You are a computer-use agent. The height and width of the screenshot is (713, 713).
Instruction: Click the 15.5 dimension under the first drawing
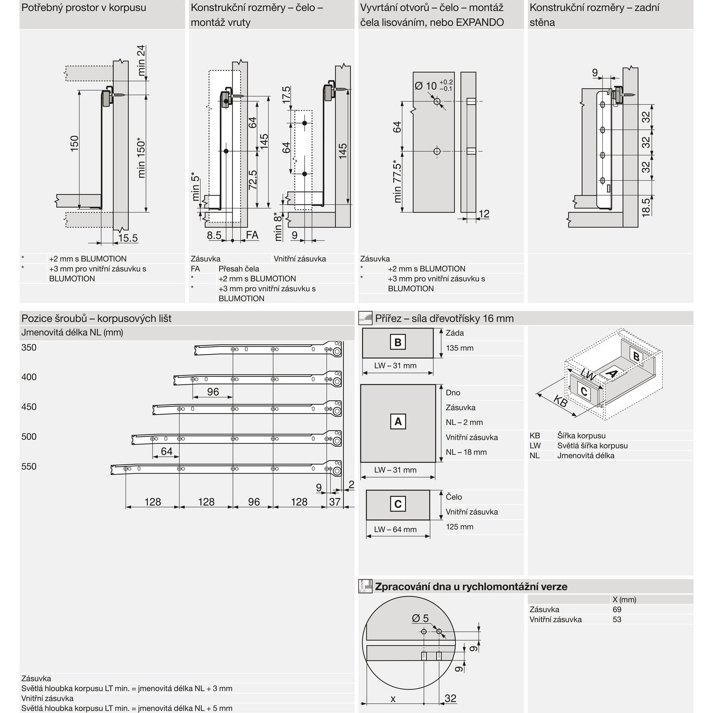[127, 238]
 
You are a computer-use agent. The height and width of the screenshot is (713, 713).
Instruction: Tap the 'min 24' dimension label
[141, 60]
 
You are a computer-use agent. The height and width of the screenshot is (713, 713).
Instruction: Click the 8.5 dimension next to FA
[214, 235]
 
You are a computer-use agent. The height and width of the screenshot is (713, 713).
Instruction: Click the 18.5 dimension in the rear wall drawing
[646, 207]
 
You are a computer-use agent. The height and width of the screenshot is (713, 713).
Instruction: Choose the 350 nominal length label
[29, 347]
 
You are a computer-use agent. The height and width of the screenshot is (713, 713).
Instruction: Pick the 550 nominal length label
[29, 466]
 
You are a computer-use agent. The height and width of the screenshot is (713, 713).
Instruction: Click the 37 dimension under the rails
[335, 501]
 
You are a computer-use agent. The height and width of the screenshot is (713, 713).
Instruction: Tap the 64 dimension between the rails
[166, 451]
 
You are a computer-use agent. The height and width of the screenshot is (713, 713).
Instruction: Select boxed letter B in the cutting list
[398, 342]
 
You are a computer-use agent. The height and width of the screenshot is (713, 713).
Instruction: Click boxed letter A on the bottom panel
[398, 421]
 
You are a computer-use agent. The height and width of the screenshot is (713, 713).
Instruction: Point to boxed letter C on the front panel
[398, 504]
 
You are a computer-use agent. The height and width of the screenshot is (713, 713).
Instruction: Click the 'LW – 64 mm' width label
[395, 529]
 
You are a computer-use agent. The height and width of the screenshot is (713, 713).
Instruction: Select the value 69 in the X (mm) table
[617, 609]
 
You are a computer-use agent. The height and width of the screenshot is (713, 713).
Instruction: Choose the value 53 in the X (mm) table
[617, 619]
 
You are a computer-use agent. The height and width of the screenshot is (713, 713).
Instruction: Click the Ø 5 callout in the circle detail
[420, 618]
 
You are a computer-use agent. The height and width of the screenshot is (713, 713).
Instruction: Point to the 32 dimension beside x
[450, 698]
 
